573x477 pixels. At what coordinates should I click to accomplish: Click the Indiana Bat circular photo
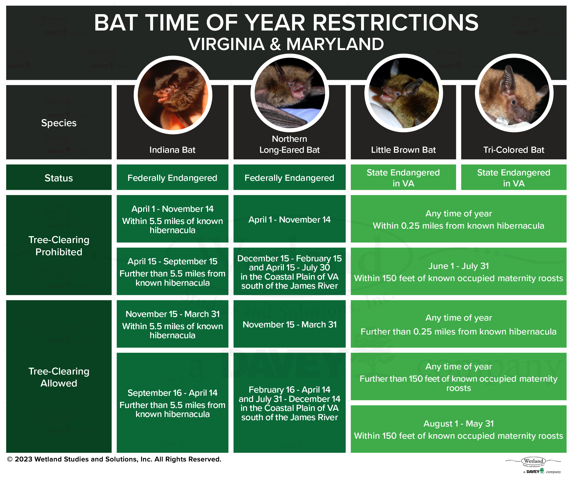point(173,95)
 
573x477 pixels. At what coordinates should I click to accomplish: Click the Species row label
point(59,123)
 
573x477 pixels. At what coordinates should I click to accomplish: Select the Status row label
point(59,178)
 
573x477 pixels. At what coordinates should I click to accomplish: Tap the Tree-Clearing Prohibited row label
point(59,246)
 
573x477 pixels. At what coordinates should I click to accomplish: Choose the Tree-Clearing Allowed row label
point(59,377)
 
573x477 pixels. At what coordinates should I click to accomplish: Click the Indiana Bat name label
point(172,150)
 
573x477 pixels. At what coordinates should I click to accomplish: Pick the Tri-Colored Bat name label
point(514,150)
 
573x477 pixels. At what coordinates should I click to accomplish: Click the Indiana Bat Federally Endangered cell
point(172,177)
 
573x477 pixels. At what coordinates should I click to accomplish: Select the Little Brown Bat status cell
point(403,177)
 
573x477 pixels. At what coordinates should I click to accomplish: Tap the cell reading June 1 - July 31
point(459,271)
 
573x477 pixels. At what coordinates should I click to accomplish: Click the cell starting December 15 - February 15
point(289,271)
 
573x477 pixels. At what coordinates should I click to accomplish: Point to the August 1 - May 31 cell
point(459,429)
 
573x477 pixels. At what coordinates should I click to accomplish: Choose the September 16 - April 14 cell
point(172,403)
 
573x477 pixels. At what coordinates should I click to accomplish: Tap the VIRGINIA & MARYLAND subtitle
point(286,44)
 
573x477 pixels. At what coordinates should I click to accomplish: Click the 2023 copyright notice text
point(114,459)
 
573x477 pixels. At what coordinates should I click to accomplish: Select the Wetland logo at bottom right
point(533,465)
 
